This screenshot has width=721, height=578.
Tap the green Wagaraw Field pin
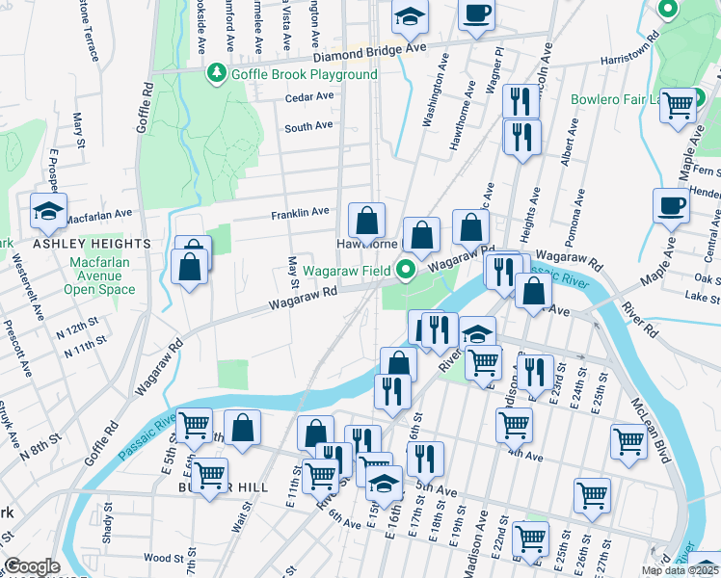[407, 270]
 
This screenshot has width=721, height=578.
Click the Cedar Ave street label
[309, 97]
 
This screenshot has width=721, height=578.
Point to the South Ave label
[308, 125]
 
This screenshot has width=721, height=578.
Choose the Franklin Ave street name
[300, 212]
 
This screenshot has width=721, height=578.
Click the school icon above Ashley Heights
[47, 213]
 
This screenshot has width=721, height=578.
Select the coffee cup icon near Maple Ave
[671, 204]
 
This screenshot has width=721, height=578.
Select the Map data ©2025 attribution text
[679, 570]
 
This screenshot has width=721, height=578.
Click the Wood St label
[163, 558]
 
